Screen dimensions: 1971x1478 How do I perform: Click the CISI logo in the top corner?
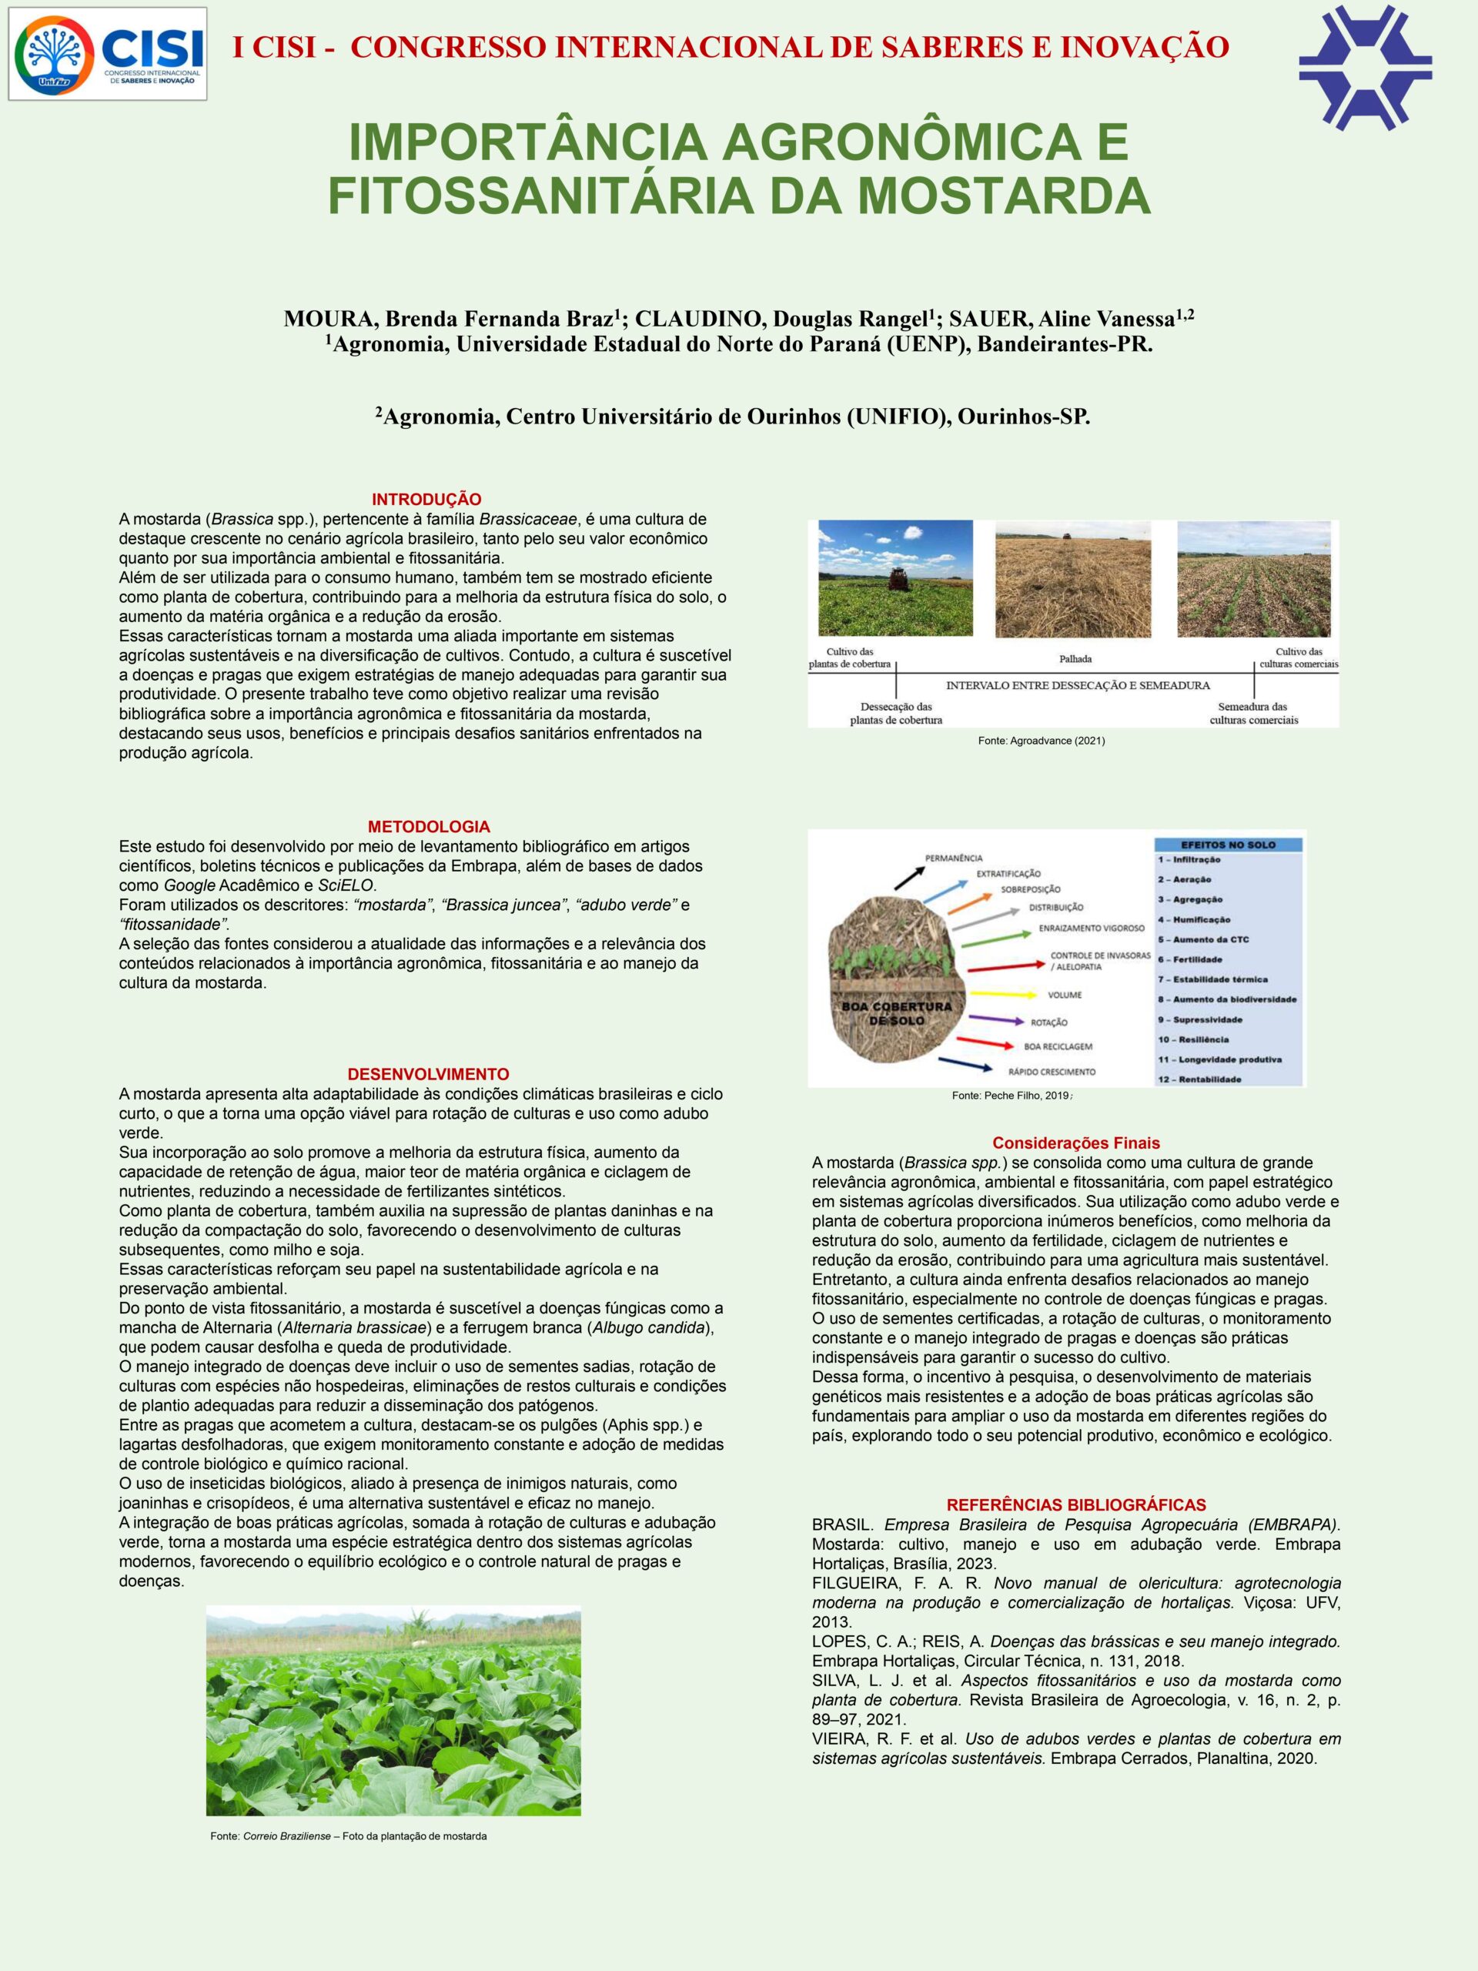[x=108, y=53]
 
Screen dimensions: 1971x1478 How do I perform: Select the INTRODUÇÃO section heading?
[x=426, y=499]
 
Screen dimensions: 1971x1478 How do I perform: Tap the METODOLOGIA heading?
[x=429, y=827]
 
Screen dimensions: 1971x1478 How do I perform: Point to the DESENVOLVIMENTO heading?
[x=428, y=1074]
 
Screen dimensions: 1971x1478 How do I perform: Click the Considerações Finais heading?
[x=1075, y=1143]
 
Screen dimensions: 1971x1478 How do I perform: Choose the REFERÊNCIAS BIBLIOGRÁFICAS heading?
[x=1075, y=1505]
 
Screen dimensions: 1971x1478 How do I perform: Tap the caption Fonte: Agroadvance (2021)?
[x=1041, y=741]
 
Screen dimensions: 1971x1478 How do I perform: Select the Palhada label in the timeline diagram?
[x=1075, y=659]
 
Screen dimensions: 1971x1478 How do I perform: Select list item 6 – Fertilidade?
[x=1190, y=959]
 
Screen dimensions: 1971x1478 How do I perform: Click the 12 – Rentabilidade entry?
[x=1199, y=1079]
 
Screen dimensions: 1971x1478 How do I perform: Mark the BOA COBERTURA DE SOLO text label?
[x=896, y=1012]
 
